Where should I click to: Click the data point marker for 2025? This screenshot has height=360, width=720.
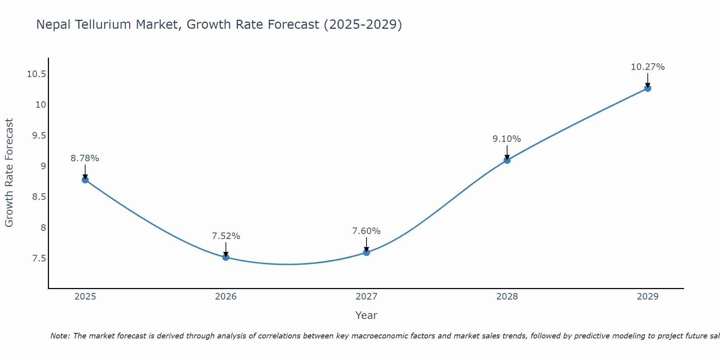tap(85, 180)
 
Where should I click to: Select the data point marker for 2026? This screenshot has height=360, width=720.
tap(226, 257)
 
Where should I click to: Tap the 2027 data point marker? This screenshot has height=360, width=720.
tap(366, 252)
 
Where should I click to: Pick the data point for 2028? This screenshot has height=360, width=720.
tap(507, 160)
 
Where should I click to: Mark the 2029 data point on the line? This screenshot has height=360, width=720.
tap(648, 88)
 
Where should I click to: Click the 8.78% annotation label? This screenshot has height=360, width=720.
tap(85, 158)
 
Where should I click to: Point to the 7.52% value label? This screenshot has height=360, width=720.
tap(226, 236)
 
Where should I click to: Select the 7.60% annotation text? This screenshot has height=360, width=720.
tap(366, 231)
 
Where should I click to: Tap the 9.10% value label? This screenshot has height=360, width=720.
tap(507, 139)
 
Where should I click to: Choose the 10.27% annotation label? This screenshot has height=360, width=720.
tap(648, 67)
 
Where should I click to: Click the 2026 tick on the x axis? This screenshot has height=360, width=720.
tap(226, 297)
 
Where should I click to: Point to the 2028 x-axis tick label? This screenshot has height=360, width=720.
tap(507, 297)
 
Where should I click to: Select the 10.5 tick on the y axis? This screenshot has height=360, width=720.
tap(36, 74)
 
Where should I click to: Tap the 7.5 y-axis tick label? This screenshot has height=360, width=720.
tap(39, 258)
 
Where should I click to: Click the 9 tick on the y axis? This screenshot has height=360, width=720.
tap(43, 166)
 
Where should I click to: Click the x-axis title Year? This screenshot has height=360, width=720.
tap(366, 315)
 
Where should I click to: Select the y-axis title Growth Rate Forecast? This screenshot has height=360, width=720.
tap(9, 173)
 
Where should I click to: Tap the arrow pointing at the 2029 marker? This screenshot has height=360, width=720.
tap(648, 80)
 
